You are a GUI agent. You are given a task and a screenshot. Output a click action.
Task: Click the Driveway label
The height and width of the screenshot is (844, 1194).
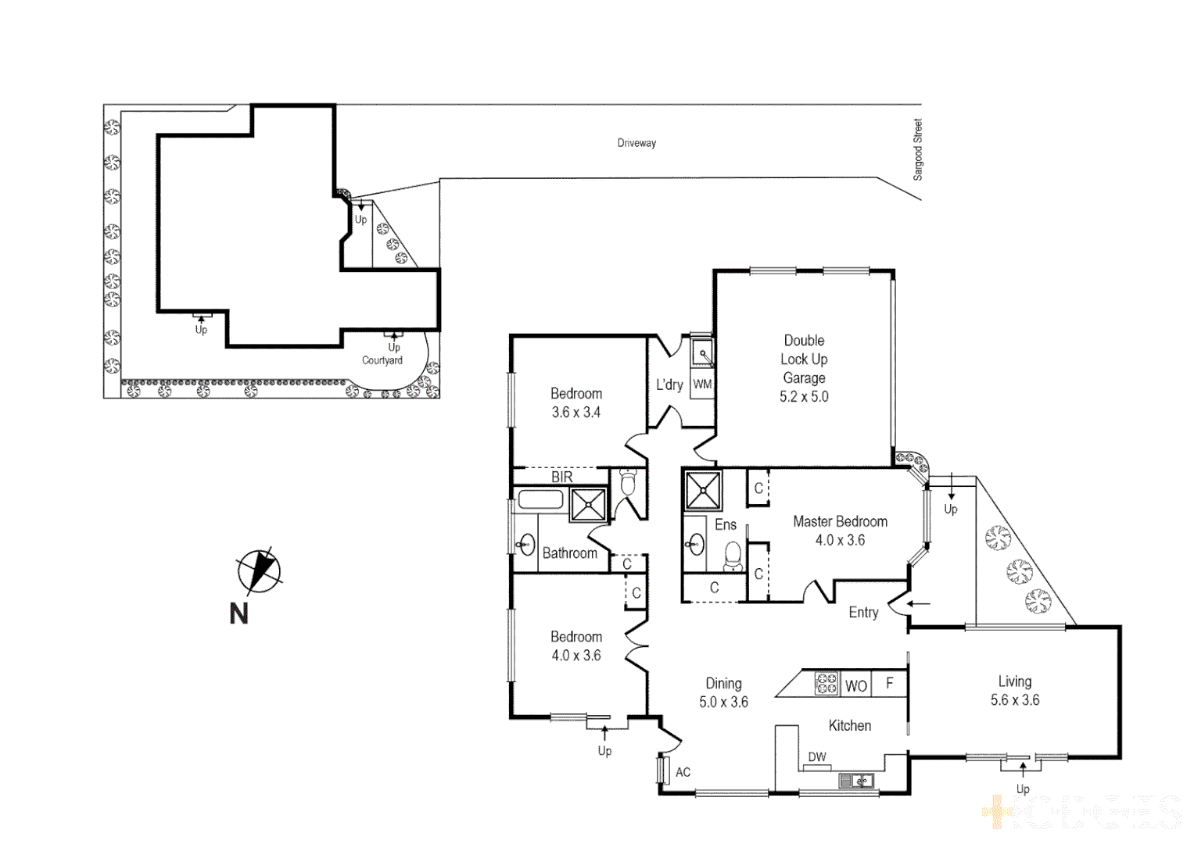[x=636, y=143]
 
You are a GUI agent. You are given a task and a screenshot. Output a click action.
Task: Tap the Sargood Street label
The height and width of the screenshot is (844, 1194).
[x=918, y=149]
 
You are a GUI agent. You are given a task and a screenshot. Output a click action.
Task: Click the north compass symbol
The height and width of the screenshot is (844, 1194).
[x=259, y=570]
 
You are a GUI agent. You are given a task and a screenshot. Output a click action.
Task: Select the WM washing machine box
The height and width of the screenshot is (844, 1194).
[x=702, y=384]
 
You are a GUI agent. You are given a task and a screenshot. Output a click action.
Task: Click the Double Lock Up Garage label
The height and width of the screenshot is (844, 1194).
[x=804, y=368]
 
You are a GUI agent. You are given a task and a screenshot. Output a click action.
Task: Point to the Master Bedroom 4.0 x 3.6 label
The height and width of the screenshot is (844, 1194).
[x=840, y=531]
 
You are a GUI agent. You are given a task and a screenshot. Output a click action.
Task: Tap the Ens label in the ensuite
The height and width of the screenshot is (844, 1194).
[x=726, y=525]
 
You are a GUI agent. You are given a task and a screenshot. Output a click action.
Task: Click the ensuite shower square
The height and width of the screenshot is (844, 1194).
[x=703, y=490]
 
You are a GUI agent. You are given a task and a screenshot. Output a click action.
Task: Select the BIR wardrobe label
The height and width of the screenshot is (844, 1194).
[x=561, y=477]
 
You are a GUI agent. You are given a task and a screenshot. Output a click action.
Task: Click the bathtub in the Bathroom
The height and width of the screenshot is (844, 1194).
[x=540, y=499]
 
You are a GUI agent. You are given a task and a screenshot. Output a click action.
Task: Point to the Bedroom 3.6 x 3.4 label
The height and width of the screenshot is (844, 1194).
[x=576, y=402]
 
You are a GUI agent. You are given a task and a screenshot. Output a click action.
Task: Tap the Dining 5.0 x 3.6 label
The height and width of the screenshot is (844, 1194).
[x=723, y=692]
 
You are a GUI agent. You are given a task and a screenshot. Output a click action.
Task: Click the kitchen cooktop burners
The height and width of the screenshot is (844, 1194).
[x=826, y=683]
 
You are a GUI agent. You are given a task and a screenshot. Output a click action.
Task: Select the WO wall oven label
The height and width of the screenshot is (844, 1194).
[x=856, y=685]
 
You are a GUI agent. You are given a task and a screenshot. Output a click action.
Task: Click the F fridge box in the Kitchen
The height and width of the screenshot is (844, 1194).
[x=890, y=683]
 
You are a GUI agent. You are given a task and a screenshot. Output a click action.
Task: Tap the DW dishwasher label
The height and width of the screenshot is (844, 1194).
[x=817, y=756]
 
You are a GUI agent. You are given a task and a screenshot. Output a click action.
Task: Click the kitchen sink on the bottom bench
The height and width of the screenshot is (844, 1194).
[x=856, y=780]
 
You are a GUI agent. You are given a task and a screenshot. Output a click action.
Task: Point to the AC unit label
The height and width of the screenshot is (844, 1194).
[x=683, y=772]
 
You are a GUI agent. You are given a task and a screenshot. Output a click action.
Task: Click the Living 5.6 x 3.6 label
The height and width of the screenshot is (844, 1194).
[x=1014, y=691]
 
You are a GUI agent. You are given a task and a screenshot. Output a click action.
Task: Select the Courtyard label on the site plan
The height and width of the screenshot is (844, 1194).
[x=382, y=360]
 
